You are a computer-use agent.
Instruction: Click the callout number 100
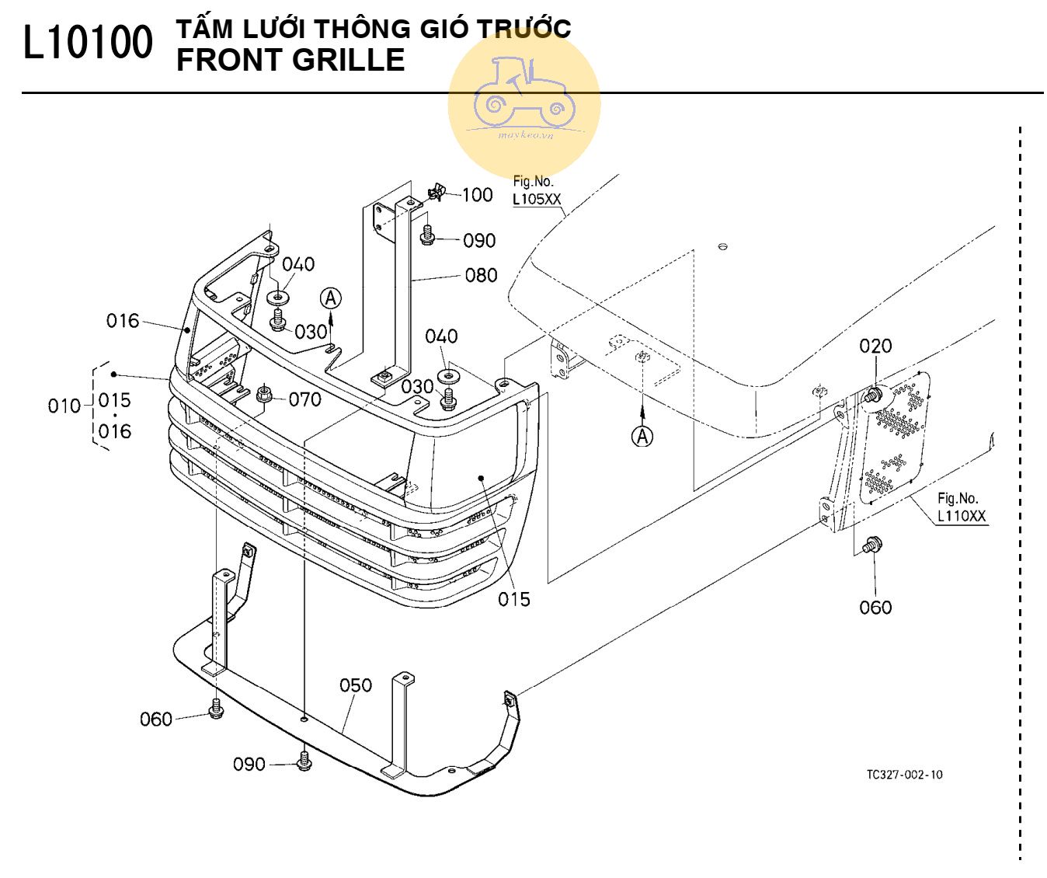tap(477, 194)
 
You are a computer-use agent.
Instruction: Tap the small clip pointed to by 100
tap(437, 191)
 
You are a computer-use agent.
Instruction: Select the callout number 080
tap(481, 275)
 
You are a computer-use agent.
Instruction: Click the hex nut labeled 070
tap(264, 394)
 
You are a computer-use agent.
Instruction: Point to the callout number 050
tap(356, 685)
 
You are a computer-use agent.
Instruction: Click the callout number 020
tap(875, 346)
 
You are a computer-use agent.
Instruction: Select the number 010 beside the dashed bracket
tap(64, 406)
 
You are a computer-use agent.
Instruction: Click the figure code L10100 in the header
tap(88, 44)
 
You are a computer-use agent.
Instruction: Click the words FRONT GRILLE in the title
tap(290, 61)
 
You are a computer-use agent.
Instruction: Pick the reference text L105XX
tap(536, 200)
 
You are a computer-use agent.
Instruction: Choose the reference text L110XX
tap(962, 517)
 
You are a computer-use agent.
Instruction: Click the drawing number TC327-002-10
tap(904, 775)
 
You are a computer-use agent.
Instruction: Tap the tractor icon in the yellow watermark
tap(523, 92)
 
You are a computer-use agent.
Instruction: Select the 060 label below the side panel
tap(875, 608)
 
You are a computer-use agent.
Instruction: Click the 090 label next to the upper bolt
tap(479, 241)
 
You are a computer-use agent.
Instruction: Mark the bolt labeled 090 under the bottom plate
tap(304, 761)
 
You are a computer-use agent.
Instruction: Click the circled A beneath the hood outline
tap(642, 437)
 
